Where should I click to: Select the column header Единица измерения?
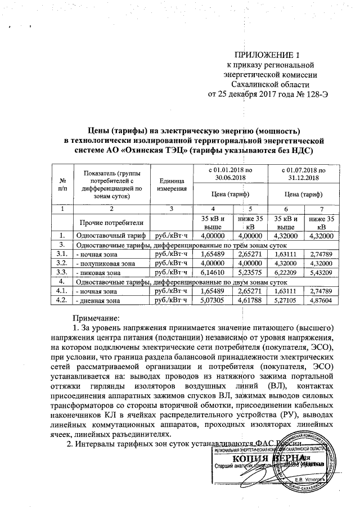[x=172, y=184]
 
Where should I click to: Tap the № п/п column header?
[x=62, y=184]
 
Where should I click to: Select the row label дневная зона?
[x=98, y=300]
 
